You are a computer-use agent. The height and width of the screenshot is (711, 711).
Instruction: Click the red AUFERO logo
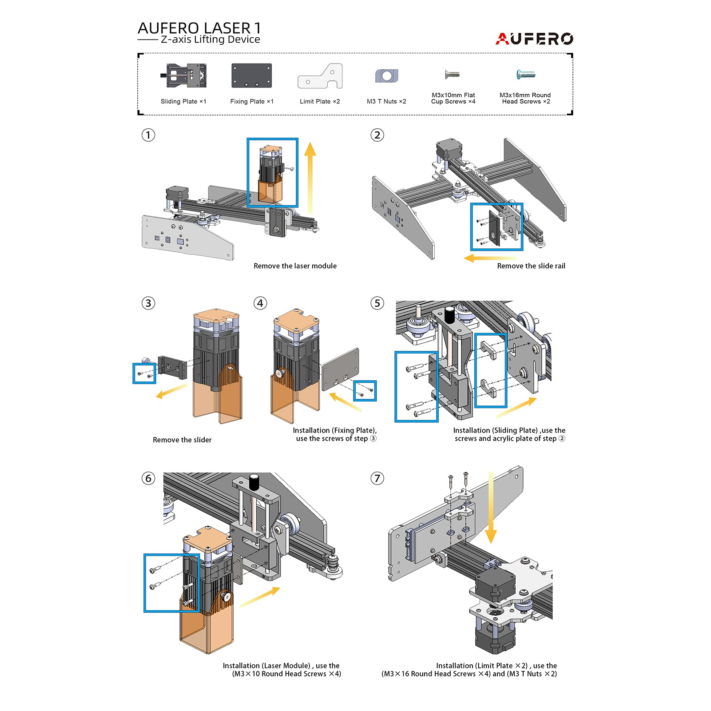coord(534,39)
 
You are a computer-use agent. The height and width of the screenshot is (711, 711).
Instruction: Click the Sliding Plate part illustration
coord(184,75)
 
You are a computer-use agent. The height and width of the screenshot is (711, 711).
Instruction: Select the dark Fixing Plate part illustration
coord(251,75)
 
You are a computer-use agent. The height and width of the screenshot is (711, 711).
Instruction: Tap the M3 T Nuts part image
coord(386,76)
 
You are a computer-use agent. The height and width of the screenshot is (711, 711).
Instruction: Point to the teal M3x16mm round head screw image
coord(526,75)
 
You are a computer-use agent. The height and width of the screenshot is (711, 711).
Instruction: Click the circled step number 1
coord(148,135)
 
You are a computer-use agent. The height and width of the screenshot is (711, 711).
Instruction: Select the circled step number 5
coord(377,303)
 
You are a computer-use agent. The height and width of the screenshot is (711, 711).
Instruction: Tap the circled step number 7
coord(377,478)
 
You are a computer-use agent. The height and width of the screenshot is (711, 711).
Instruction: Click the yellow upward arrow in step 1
coord(310,178)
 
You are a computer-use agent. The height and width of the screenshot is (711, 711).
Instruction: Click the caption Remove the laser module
coord(295,266)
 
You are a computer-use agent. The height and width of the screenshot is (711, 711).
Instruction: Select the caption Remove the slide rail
coord(531,266)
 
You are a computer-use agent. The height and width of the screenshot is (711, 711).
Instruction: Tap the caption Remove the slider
coord(182,440)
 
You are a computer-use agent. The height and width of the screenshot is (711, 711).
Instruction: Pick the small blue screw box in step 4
coord(365,391)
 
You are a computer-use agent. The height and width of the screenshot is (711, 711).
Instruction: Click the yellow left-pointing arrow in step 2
coord(489,258)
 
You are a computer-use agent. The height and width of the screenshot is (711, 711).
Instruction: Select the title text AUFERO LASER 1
coord(199,28)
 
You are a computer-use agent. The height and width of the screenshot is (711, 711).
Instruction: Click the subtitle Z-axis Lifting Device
coord(210,40)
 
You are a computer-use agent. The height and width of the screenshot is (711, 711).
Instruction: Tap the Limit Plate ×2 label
coord(320,101)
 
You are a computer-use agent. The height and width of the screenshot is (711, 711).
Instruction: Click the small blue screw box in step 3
coord(144,373)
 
